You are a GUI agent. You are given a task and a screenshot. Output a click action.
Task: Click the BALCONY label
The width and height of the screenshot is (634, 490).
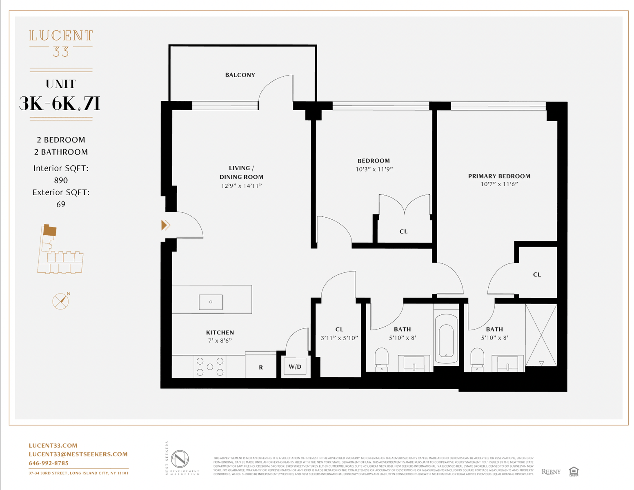point(240,75)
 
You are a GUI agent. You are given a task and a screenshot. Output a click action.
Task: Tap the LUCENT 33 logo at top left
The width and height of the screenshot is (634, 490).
point(61,43)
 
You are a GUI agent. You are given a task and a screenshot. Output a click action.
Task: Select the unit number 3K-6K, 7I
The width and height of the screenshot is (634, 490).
point(60,104)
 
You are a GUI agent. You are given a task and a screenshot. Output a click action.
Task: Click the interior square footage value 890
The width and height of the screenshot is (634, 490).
point(61,180)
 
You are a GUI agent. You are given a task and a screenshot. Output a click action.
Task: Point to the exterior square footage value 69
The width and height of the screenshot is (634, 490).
point(61,204)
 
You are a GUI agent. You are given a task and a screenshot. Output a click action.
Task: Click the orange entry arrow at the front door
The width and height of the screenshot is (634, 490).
point(165,225)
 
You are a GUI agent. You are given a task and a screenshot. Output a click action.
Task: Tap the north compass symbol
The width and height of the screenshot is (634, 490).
point(61,301)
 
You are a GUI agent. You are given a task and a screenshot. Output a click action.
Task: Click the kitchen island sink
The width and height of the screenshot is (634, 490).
point(211,302)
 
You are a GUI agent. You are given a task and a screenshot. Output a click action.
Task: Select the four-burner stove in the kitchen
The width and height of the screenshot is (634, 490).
point(210,367)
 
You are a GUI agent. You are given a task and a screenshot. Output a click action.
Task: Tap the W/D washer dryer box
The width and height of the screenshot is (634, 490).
point(295,367)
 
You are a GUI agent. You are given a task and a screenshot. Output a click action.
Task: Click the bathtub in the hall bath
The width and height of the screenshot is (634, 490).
point(446,339)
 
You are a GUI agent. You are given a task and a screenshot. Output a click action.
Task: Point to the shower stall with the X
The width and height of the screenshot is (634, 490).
point(541,335)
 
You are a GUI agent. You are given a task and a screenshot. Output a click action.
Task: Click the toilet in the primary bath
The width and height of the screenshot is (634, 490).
point(477,359)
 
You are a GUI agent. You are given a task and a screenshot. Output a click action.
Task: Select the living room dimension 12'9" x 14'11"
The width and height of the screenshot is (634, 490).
point(241,186)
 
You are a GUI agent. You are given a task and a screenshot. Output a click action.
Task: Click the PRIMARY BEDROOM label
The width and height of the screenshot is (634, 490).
point(499,176)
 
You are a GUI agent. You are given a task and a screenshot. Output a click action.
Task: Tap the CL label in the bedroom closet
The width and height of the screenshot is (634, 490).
point(403,232)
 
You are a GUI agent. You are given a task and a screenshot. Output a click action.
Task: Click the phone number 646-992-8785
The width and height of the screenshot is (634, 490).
point(49,463)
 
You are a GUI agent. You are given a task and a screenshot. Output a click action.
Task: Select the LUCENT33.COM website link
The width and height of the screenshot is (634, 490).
point(53,445)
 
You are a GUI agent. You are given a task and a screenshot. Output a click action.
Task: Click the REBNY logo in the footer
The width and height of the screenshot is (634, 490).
point(551,472)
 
